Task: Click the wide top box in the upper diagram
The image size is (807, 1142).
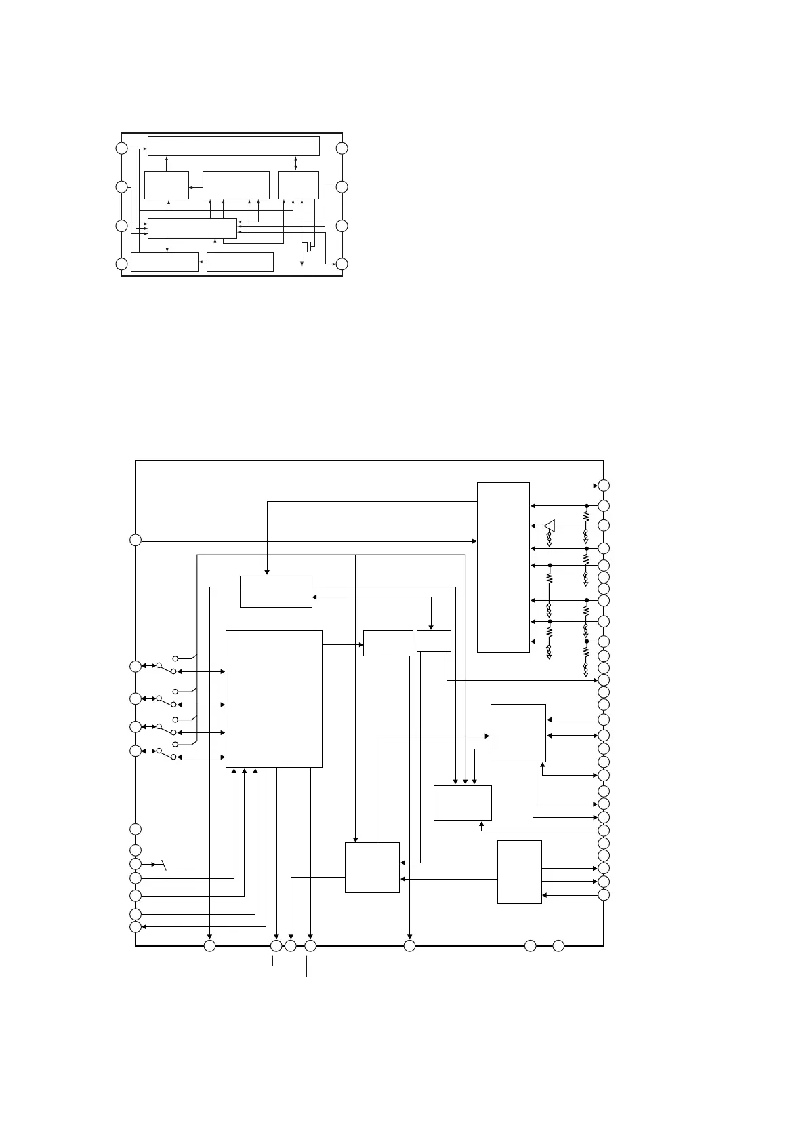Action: pos(233,146)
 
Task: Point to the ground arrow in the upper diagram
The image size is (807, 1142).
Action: pos(302,263)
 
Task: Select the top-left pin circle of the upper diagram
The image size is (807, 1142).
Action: pos(121,149)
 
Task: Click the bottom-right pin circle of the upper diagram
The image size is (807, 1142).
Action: pos(342,264)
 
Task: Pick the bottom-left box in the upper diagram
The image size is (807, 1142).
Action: pos(164,262)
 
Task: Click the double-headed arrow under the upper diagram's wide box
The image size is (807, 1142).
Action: pos(296,163)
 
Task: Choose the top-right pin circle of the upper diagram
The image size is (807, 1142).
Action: pos(342,149)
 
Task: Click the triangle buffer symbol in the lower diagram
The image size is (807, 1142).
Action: pos(550,526)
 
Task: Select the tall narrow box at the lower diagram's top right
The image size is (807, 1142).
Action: pos(503,567)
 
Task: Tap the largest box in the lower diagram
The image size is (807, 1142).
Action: pos(273,698)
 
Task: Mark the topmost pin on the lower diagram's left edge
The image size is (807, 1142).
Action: pos(136,540)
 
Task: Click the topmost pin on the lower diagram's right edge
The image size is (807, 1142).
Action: pos(604,486)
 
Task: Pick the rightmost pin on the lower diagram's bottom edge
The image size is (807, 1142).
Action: pos(558,945)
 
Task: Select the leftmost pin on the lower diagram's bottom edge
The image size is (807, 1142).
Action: pos(209,945)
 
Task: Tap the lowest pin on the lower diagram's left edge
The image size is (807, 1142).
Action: pos(136,927)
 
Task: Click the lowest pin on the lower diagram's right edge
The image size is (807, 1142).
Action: pos(604,894)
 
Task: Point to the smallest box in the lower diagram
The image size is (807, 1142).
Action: pos(434,641)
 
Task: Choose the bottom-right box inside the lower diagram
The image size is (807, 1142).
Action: pos(519,871)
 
